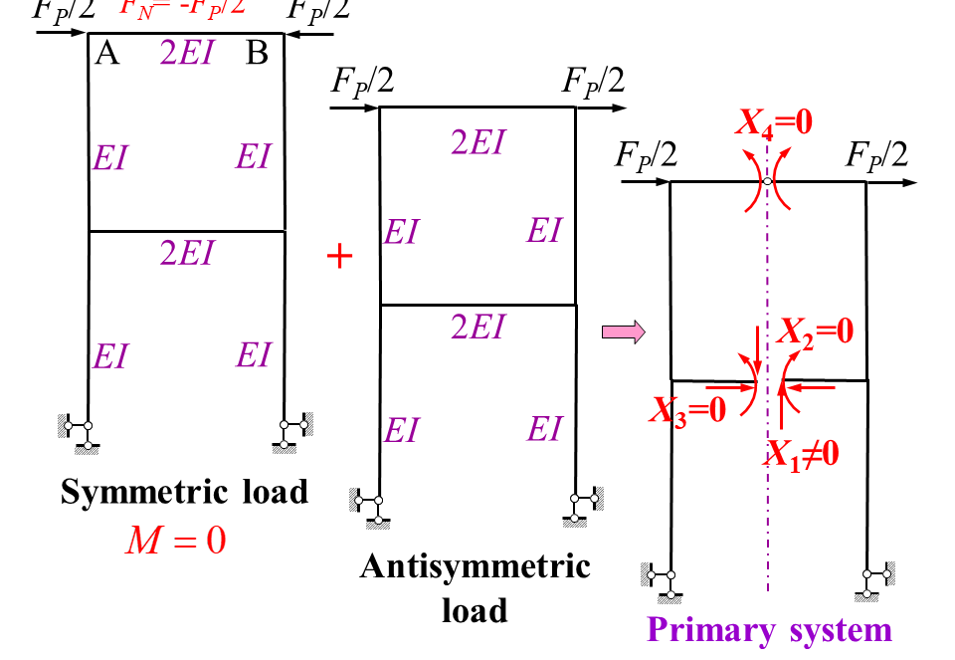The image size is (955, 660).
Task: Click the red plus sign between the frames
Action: point(340,257)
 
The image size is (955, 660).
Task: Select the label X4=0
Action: point(774,122)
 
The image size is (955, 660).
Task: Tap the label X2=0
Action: point(815,330)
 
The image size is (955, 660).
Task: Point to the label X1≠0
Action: point(803,453)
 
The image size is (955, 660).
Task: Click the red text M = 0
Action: point(175,541)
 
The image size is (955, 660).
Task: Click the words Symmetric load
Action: point(185,492)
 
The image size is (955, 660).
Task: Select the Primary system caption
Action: point(769,630)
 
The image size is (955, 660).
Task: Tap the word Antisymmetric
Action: point(475,566)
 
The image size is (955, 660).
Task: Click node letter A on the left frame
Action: point(107,54)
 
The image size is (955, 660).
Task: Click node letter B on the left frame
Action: point(257,54)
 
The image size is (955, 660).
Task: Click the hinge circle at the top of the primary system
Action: point(767,182)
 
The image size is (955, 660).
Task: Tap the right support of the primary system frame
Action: point(874,578)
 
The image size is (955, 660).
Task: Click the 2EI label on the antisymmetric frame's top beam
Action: point(477,142)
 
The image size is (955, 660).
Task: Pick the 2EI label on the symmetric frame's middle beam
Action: point(187,254)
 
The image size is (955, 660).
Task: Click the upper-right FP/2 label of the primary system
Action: point(876,154)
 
